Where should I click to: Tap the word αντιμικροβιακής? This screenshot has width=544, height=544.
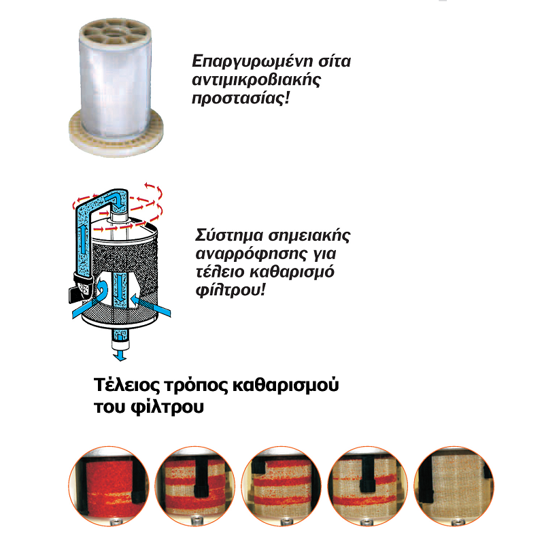tap(256, 80)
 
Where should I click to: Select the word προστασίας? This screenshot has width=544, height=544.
tap(241, 98)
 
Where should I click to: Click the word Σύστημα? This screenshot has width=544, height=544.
tap(229, 235)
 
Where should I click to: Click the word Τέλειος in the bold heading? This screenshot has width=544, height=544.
tap(126, 385)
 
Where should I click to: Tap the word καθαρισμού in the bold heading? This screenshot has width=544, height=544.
tap(286, 385)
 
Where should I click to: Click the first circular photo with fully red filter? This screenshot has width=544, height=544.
tap(109, 486)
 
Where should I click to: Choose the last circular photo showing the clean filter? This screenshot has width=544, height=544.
tap(454, 486)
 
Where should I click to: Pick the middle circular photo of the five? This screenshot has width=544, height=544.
tap(282, 486)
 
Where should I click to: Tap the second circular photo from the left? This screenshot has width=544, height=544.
tap(195, 486)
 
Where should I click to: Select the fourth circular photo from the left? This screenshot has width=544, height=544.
tap(368, 486)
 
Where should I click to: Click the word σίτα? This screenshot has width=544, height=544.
tap(335, 62)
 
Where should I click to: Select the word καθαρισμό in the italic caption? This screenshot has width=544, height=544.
tap(292, 271)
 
